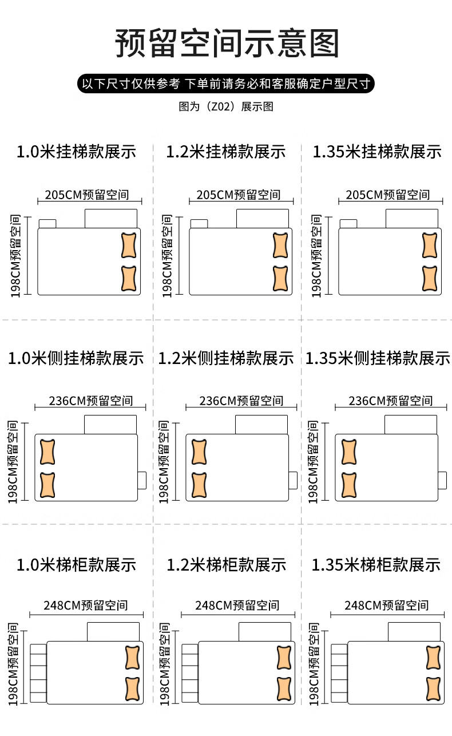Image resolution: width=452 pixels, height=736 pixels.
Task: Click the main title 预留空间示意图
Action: click(227, 43)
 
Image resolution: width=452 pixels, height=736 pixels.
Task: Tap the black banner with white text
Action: click(226, 84)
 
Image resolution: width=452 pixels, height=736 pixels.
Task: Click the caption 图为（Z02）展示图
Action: click(226, 107)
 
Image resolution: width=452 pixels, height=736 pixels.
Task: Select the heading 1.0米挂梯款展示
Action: click(76, 152)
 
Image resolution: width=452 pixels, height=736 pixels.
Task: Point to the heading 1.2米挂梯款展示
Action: click(226, 152)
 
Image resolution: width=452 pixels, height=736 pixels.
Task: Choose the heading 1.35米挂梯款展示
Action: click(377, 152)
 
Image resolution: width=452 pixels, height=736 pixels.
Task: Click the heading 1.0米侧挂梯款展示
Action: click(76, 358)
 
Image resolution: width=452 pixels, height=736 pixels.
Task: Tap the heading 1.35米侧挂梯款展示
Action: click(378, 358)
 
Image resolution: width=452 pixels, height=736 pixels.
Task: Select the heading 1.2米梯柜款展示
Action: click(226, 565)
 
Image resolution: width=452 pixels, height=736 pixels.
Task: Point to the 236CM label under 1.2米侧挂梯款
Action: click(241, 401)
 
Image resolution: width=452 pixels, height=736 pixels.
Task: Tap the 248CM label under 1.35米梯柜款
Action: click(386, 606)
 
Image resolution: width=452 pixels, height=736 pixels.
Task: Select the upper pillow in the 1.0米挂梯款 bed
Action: click(130, 246)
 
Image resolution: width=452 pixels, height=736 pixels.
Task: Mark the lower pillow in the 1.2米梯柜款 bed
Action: click(284, 690)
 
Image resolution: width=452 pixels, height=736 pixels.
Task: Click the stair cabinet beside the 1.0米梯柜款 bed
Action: click(38, 673)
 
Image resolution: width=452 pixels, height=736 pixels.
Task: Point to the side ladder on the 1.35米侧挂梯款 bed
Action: click(442, 480)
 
